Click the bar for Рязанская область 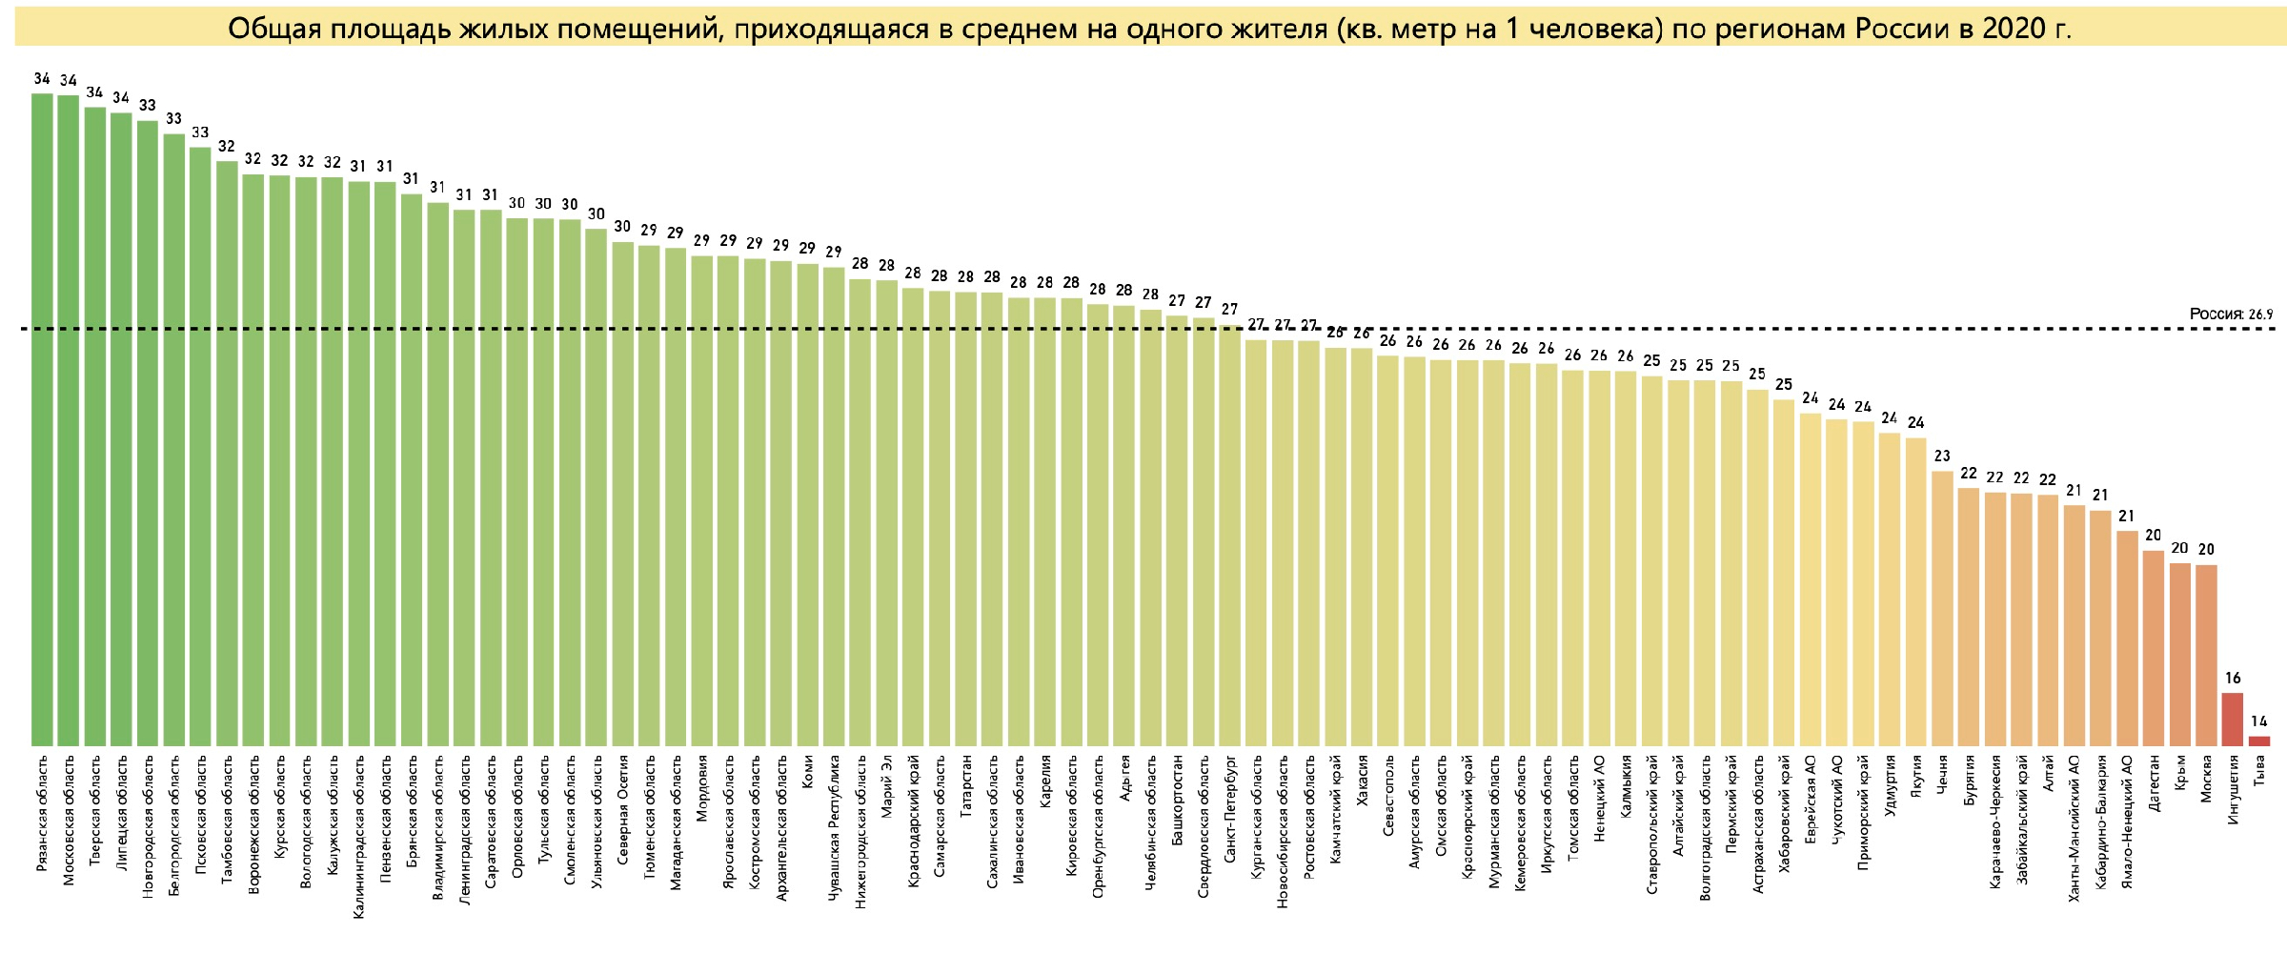click(x=42, y=419)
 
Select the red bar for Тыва click(x=2258, y=741)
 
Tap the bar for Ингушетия click(x=2232, y=720)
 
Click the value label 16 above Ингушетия click(x=2233, y=679)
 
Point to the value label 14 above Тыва click(x=2258, y=721)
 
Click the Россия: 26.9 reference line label click(x=2230, y=314)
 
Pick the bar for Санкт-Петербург click(x=1230, y=534)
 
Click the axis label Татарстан click(x=966, y=785)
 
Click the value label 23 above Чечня click(x=1942, y=456)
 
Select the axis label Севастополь click(x=1388, y=797)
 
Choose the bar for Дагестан click(x=2153, y=648)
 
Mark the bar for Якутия click(x=1915, y=591)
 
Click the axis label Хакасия click(x=1362, y=781)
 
